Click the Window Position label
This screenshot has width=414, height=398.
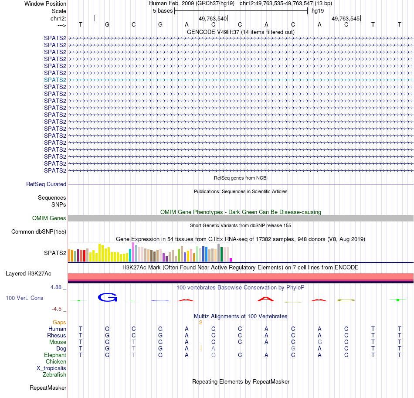(45, 3)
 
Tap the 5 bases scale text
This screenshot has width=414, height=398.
(163, 10)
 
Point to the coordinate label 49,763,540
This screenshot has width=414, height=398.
(213, 19)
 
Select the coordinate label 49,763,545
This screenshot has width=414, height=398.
(346, 19)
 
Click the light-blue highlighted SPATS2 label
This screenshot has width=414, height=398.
(55, 80)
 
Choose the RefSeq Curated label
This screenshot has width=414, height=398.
(46, 184)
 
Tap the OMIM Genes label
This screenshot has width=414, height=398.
(49, 218)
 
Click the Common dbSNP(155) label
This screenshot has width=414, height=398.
(39, 232)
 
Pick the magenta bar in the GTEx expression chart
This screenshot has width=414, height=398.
(231, 259)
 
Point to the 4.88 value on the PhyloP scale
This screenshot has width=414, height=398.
(57, 287)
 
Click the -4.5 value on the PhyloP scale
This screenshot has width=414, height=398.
(57, 309)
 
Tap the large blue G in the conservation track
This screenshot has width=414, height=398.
(107, 297)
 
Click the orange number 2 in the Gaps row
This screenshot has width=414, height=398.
(200, 323)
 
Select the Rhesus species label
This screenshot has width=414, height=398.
(57, 336)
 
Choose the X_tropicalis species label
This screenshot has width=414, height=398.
(51, 368)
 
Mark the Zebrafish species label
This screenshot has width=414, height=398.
(54, 375)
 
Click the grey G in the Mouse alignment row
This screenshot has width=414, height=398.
(320, 342)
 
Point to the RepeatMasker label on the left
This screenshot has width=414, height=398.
(48, 388)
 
